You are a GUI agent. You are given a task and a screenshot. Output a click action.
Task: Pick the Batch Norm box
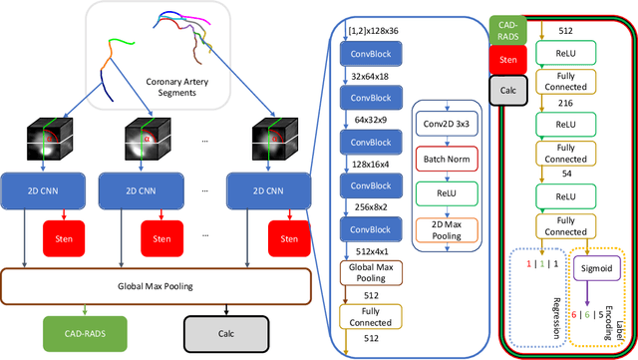(x=447, y=160)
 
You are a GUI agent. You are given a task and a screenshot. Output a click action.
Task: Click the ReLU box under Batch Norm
(x=447, y=192)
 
